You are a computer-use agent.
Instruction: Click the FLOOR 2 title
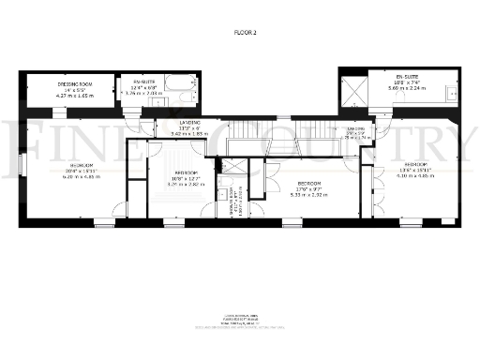point(245,33)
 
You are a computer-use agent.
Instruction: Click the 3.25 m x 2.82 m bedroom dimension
point(184,185)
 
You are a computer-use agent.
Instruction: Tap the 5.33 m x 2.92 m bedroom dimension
point(308,195)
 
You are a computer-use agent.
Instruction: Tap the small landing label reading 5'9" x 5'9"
point(357,132)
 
